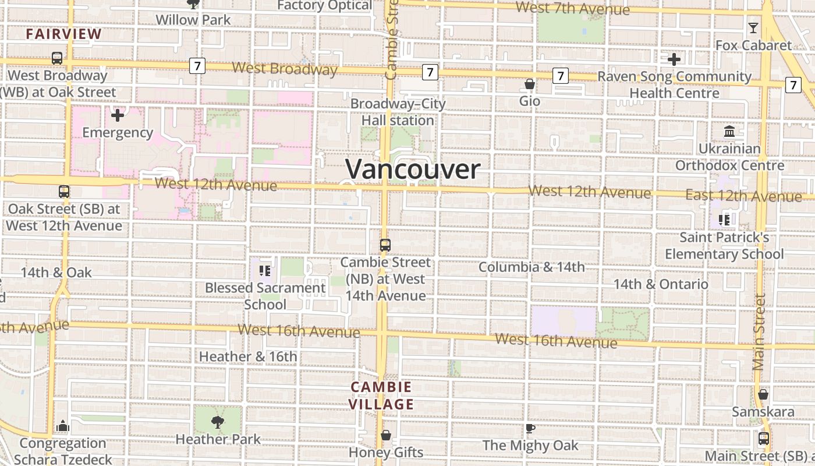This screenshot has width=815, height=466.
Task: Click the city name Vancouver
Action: coord(413,170)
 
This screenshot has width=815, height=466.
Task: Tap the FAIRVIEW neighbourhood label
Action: coord(64,34)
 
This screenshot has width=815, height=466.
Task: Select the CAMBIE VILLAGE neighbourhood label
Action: coord(381,396)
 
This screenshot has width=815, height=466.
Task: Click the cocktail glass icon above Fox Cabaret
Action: coord(753,27)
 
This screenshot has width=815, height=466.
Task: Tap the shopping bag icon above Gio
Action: coord(530,84)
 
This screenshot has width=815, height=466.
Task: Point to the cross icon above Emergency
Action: coord(118,115)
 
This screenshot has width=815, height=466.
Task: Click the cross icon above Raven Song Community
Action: coord(674,59)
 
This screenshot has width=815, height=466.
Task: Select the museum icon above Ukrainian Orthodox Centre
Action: coord(729,132)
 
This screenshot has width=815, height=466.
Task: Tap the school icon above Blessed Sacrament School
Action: coord(265,271)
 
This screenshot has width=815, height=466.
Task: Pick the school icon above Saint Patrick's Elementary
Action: coord(724,220)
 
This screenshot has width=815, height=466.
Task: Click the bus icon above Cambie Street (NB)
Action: coord(385,245)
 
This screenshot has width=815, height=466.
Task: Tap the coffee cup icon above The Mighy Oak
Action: coord(530,429)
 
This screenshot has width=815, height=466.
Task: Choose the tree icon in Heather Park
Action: coord(218,422)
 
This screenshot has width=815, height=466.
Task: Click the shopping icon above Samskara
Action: coord(763,395)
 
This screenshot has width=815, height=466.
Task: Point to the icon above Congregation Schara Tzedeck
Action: coord(63,426)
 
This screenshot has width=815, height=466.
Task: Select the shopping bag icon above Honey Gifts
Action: coord(385,435)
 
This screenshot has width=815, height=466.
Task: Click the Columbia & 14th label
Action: coord(531,267)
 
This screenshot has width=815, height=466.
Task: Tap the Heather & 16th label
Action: coord(248,356)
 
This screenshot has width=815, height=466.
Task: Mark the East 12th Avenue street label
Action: coord(743,196)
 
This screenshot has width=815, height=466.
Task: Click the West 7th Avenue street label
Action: coord(572,9)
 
